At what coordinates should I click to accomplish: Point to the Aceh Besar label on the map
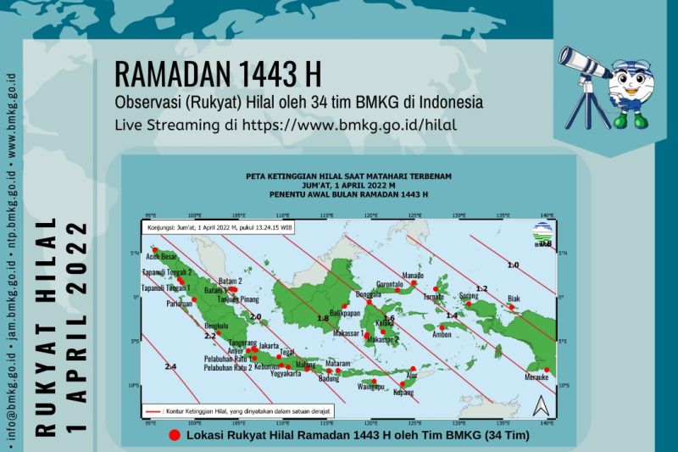pos(163,254)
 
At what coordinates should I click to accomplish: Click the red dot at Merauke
pos(547,371)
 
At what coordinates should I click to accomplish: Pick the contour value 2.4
pos(170,366)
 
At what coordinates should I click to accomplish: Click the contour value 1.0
pos(513,265)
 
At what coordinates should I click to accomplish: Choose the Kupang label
pos(404,393)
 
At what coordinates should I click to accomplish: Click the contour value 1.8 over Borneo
pos(323,318)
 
